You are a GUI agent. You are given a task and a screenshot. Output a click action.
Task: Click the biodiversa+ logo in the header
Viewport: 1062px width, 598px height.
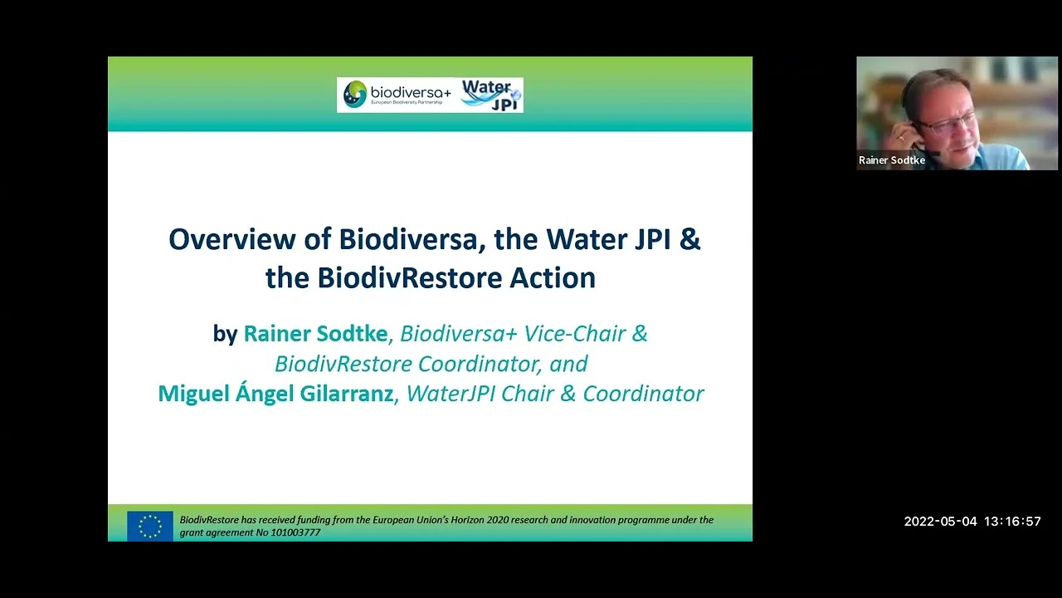(397, 95)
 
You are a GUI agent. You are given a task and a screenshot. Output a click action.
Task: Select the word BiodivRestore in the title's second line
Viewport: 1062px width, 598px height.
(410, 277)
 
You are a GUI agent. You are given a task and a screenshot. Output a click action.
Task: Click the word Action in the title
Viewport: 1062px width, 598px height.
(553, 277)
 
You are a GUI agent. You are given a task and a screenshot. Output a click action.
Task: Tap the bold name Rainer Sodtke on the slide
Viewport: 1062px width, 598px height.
(315, 334)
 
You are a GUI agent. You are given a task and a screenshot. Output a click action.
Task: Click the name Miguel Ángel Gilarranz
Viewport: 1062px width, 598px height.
(275, 394)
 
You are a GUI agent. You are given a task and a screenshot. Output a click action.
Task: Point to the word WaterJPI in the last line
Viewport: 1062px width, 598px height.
(451, 394)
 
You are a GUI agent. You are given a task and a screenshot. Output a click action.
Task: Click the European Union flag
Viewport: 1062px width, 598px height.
(150, 526)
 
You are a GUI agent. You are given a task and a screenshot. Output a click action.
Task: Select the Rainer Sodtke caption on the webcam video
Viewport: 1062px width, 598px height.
(892, 160)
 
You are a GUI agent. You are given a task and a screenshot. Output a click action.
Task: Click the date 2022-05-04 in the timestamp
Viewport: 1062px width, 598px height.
(941, 522)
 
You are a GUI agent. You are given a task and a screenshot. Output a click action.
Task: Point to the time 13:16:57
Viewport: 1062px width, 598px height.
(1013, 522)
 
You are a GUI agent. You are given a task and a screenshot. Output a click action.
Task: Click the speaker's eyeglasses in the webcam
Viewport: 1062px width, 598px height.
(947, 125)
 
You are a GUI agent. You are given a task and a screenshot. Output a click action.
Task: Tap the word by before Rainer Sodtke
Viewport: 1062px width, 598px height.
(225, 335)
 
